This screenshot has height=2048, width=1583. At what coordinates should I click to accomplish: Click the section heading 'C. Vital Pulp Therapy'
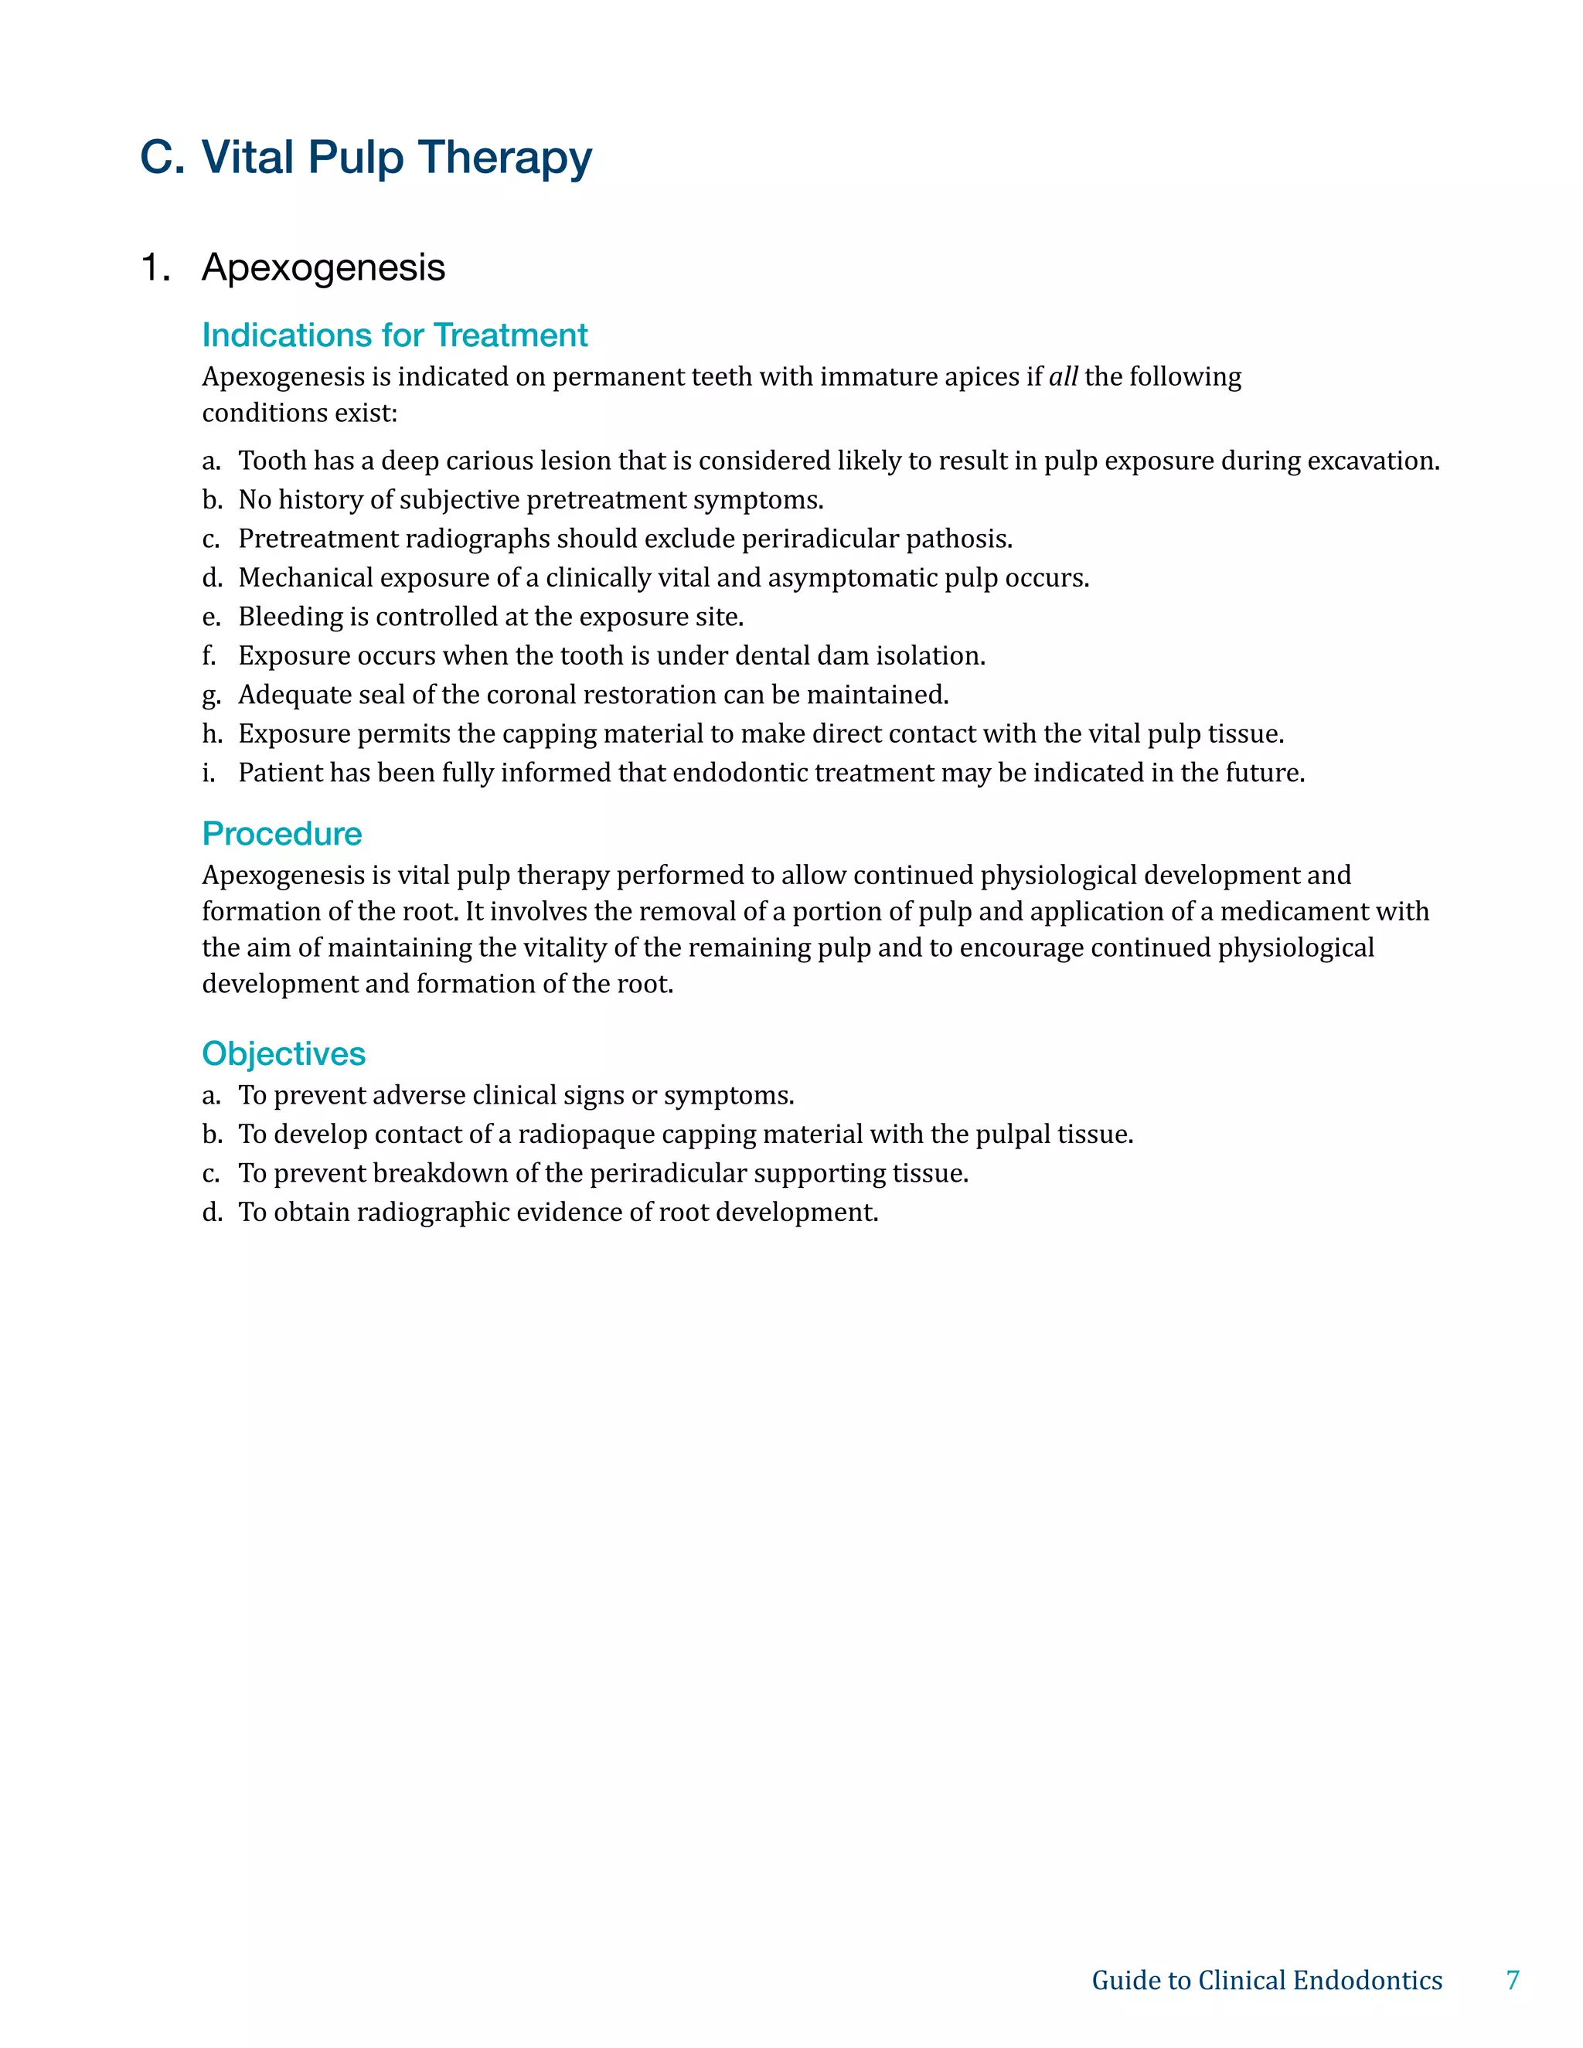366,158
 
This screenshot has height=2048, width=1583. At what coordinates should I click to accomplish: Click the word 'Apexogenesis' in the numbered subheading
324,268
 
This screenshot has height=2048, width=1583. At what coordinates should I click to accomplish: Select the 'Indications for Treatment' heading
395,335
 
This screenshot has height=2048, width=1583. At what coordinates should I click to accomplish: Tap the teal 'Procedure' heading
282,834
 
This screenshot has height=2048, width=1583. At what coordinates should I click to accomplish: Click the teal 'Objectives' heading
283,1054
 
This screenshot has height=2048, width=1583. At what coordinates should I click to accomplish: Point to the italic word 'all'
1063,377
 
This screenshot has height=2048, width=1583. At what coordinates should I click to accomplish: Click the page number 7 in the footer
1513,1979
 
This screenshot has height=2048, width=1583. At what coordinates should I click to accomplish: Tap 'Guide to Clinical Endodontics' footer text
1267,1979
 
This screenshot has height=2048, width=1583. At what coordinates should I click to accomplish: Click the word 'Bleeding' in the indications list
291,617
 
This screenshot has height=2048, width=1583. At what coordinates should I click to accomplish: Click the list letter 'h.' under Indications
212,733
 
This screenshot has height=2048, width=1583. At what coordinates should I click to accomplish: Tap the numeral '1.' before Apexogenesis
155,268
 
